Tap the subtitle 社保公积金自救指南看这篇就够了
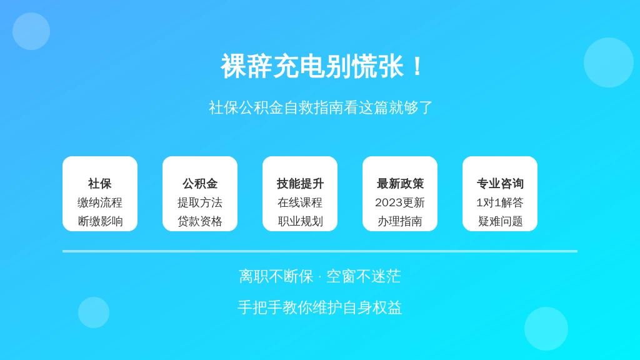321,107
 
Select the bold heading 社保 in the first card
100,184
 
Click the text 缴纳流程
100,202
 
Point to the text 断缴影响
100,221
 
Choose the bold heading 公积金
200,184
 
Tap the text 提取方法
200,202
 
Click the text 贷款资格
200,221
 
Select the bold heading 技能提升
300,184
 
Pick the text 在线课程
300,202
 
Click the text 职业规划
300,221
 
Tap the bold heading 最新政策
400,184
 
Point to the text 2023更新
400,202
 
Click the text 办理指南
400,221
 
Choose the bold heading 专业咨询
500,184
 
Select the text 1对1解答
500,202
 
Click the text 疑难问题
500,221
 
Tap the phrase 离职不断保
276,276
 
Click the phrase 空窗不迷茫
364,276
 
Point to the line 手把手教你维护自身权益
320,307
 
